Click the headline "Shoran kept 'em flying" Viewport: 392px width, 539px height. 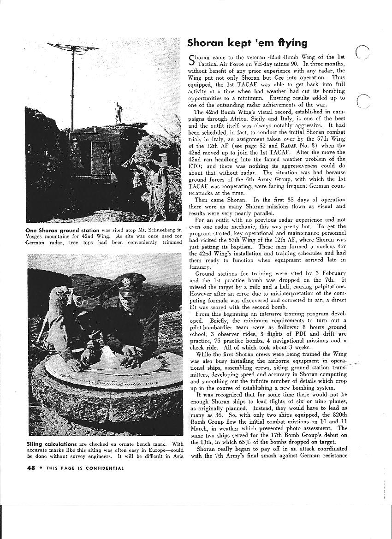click(247, 43)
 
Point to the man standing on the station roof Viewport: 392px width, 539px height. click(119, 112)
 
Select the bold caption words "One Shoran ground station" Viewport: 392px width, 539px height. click(63, 230)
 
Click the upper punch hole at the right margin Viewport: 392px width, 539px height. click(364, 52)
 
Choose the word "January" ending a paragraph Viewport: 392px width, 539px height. click(200, 267)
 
